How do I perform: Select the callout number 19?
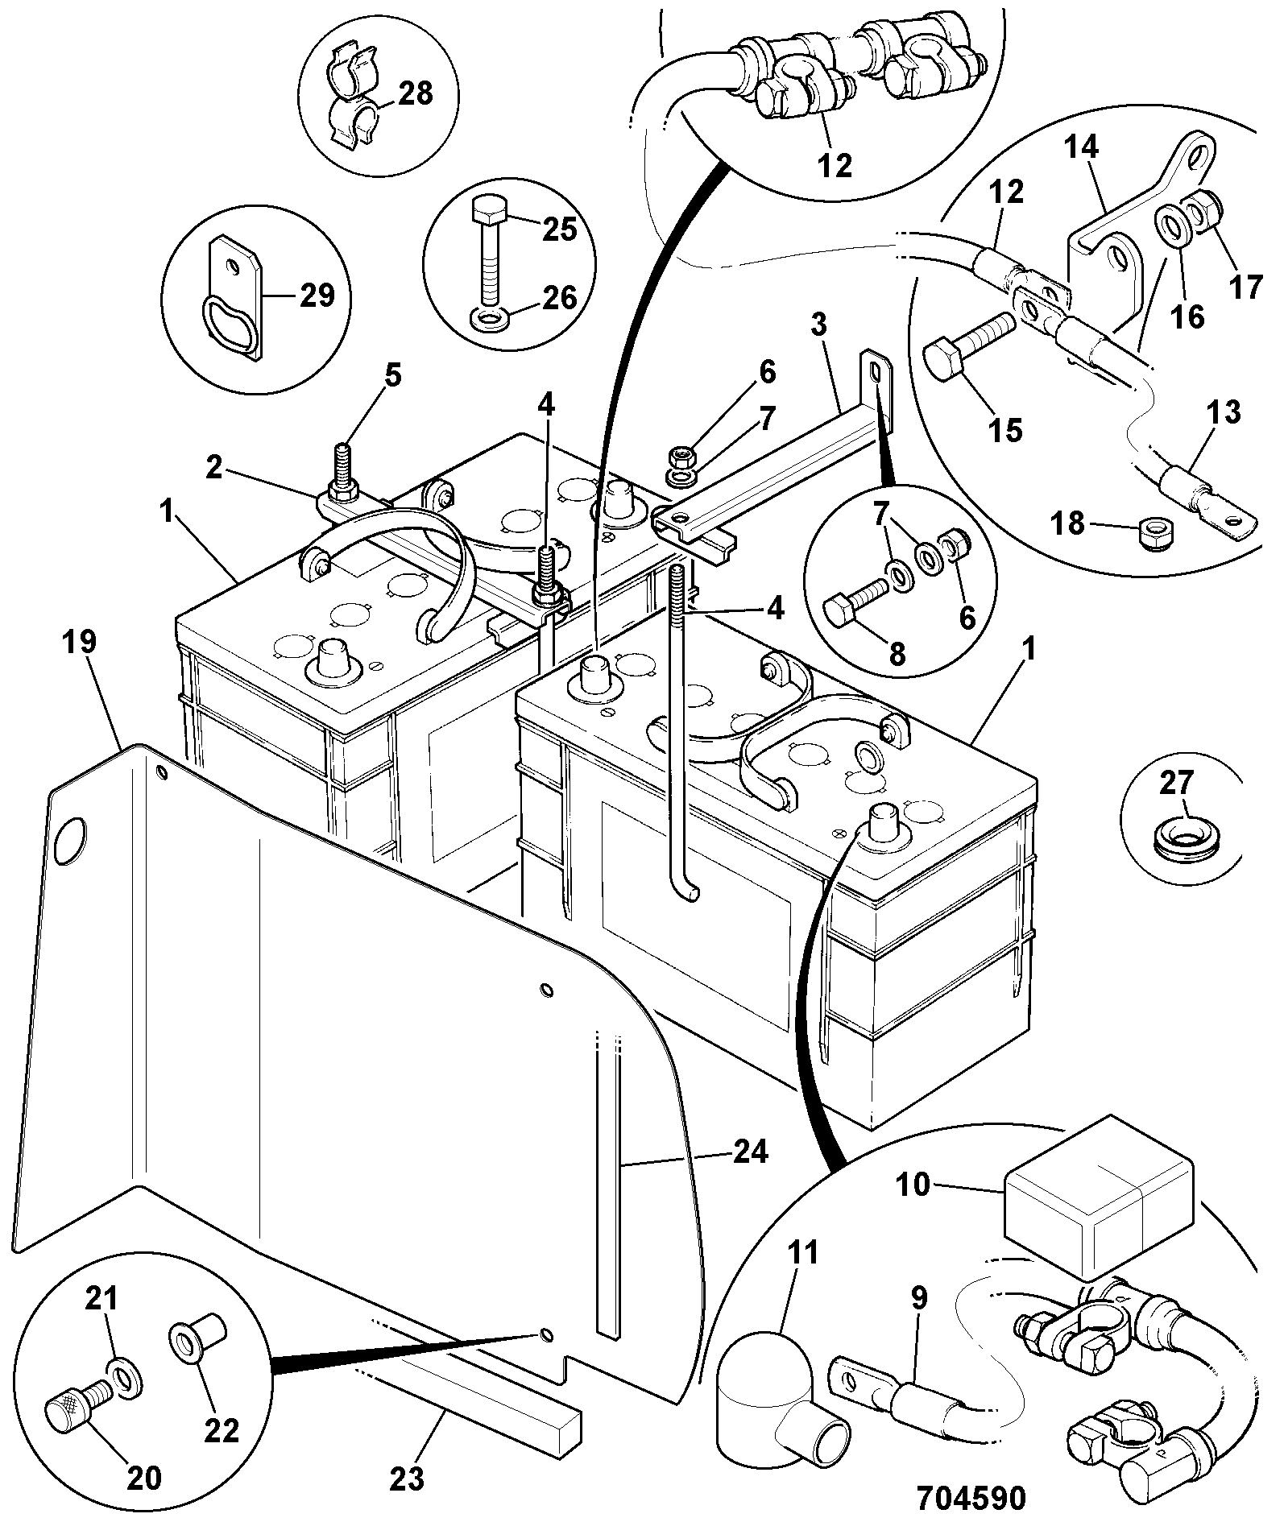click(x=80, y=642)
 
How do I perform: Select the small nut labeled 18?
click(x=1155, y=532)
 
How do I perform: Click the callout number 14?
click(x=1080, y=149)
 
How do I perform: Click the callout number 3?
click(x=818, y=326)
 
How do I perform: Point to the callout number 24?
click(x=751, y=1152)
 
